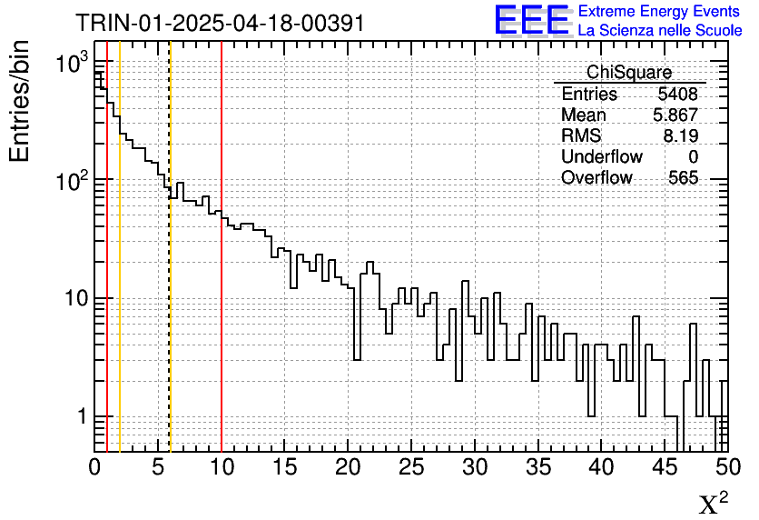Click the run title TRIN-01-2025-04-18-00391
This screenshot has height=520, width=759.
click(220, 23)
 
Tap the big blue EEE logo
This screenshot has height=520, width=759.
click(532, 20)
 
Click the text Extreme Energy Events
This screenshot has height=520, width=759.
click(660, 12)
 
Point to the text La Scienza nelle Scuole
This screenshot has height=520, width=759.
click(660, 31)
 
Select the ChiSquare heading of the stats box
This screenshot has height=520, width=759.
click(629, 72)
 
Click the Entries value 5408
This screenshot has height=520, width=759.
click(677, 95)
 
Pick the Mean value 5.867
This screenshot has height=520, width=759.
click(675, 115)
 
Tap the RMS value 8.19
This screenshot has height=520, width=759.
click(681, 136)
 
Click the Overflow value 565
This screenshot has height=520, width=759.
click(683, 178)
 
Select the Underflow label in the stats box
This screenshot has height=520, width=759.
click(602, 157)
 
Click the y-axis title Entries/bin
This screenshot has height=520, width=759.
click(20, 101)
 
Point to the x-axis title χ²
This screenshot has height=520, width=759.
click(713, 503)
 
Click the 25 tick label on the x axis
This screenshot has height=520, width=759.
click(411, 468)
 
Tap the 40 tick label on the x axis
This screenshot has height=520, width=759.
click(601, 468)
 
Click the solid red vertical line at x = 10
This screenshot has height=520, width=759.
click(222, 273)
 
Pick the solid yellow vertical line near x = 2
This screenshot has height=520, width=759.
click(120, 273)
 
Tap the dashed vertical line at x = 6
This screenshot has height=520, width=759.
click(171, 318)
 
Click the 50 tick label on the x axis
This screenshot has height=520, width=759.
click(726, 468)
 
